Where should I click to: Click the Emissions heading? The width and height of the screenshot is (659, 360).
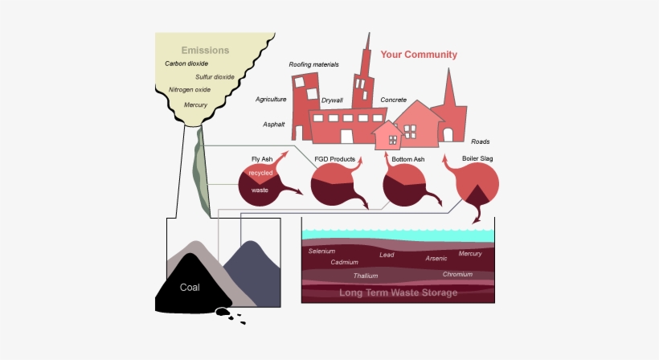(205, 50)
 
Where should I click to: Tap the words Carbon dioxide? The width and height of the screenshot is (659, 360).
(186, 63)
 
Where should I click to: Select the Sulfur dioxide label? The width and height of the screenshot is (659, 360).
(215, 77)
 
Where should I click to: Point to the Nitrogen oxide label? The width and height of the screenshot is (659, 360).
(190, 90)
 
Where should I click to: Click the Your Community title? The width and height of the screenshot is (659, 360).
(419, 55)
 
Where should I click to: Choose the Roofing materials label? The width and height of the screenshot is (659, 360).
(313, 64)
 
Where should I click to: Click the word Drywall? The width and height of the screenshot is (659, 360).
(332, 100)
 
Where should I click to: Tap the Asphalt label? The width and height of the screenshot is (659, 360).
(274, 125)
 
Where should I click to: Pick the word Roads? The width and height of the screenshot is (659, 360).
(481, 141)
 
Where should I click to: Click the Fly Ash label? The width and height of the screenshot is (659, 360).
(263, 159)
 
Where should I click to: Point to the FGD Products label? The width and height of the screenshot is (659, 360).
(334, 159)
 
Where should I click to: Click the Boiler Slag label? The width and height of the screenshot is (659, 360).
(477, 159)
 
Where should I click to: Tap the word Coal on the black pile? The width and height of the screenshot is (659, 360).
(190, 287)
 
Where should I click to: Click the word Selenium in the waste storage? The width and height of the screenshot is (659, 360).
(321, 251)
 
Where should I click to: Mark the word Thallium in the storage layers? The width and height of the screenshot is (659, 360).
(366, 276)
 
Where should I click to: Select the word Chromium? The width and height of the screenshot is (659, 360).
(457, 274)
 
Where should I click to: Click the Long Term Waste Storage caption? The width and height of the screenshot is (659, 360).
(398, 292)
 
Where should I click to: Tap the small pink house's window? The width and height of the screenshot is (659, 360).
(392, 140)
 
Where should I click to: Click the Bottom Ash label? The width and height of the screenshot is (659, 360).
(407, 159)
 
